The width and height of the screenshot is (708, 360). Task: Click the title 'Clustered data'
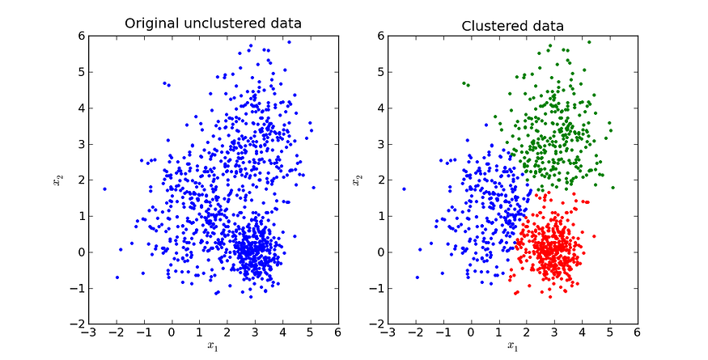tap(512, 25)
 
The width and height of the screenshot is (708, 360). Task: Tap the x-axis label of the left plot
tap(213, 347)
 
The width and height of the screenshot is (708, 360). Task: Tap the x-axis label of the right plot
tap(512, 347)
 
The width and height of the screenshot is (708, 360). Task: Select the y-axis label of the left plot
tap(57, 180)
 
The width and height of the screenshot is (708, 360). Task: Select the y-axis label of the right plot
tap(358, 180)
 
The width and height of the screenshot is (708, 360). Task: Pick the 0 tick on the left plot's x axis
tap(172, 332)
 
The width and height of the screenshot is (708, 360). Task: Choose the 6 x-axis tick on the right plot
tap(637, 332)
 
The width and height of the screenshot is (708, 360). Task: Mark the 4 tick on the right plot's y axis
tap(379, 108)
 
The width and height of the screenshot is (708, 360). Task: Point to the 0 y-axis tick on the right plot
tap(379, 252)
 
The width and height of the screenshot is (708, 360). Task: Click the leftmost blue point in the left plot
tap(104, 188)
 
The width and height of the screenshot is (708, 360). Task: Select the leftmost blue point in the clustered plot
tap(404, 188)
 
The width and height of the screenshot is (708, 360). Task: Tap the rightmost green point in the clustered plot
tap(613, 188)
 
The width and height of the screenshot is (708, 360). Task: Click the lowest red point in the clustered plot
tap(550, 297)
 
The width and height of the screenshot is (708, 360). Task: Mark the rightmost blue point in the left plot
tap(313, 188)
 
